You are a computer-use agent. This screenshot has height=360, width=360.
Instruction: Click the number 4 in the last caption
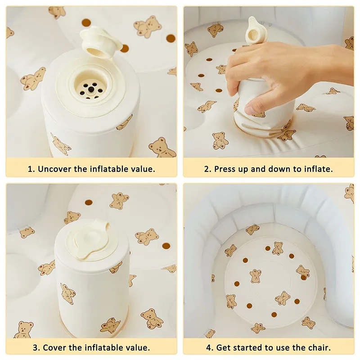(x=209, y=347)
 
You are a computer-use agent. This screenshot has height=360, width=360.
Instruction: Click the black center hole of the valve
(x=91, y=89)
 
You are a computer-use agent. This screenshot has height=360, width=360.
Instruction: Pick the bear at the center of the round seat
(x=256, y=276)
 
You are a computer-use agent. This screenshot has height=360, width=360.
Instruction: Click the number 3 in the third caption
(x=36, y=347)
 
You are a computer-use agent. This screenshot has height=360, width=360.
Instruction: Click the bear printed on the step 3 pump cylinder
(x=68, y=293)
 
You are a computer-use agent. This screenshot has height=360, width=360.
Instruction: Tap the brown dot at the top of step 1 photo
(x=86, y=22)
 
